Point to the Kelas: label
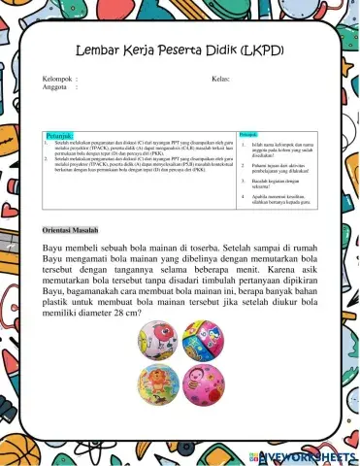point(220,79)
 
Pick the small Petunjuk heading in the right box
point(248,133)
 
